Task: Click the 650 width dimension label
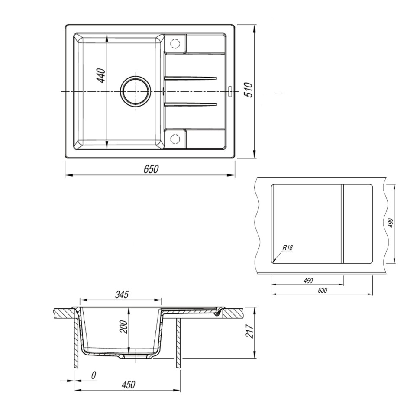152,169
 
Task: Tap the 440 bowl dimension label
101,76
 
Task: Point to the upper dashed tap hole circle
175,44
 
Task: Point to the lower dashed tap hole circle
175,139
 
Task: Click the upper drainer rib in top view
191,78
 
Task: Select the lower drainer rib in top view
191,104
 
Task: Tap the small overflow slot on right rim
230,91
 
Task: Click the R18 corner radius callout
288,248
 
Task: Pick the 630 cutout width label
322,291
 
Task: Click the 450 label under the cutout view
307,281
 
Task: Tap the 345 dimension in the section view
122,295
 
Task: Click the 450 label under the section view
128,384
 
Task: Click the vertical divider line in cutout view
342,223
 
